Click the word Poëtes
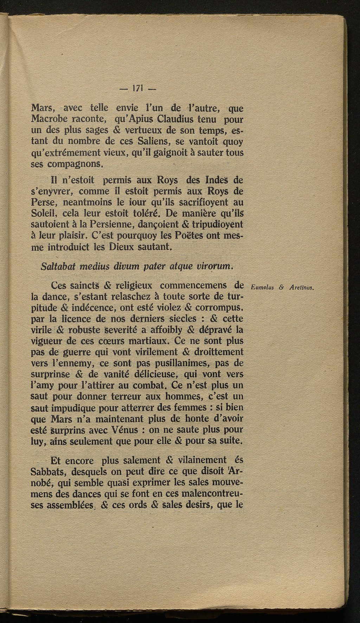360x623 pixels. pyautogui.click(x=185, y=236)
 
